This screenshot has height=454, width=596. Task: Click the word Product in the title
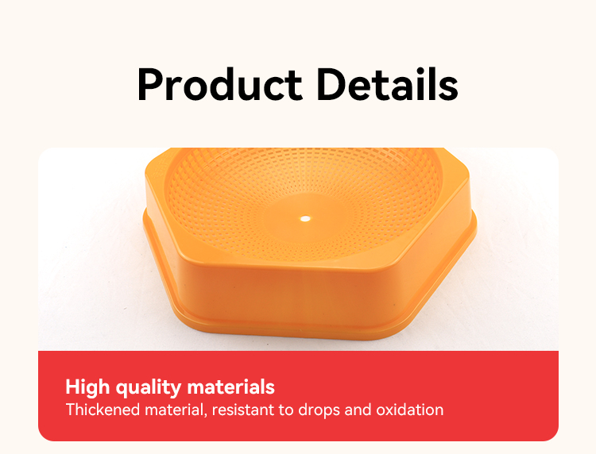click(220, 84)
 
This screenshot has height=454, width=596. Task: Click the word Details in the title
click(388, 83)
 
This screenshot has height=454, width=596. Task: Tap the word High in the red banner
click(87, 387)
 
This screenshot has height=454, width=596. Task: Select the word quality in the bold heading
click(149, 387)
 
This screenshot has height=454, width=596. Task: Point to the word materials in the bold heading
click(231, 387)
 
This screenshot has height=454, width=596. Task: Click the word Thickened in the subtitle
click(103, 410)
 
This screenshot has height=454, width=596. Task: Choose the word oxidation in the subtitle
click(410, 410)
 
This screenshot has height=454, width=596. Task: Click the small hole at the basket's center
click(305, 218)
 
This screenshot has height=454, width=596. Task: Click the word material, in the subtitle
click(176, 410)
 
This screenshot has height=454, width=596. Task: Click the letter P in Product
click(149, 84)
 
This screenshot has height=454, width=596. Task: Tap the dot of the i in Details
click(426, 70)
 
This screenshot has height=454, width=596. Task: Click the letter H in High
click(72, 387)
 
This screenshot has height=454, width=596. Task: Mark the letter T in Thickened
click(71, 410)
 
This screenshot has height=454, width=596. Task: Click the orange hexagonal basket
click(310, 243)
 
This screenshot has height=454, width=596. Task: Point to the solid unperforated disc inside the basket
click(305, 219)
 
